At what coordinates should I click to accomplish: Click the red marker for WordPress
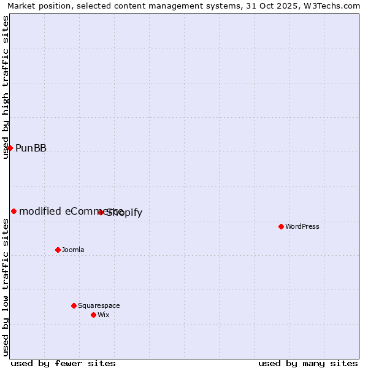click(281, 226)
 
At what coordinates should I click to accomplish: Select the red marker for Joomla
click(58, 250)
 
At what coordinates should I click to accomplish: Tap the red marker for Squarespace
click(74, 305)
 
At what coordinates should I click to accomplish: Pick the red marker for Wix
click(93, 315)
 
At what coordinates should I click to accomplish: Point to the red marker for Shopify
click(101, 212)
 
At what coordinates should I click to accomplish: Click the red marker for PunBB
click(10, 148)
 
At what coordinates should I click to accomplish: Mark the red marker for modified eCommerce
click(13, 211)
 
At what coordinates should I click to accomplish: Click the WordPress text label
click(302, 226)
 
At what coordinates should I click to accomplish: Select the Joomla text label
click(73, 250)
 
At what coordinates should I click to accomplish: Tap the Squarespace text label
click(99, 305)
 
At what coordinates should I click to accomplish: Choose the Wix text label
click(104, 315)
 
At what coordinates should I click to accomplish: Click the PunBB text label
click(31, 148)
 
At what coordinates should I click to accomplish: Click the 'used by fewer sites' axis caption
click(63, 363)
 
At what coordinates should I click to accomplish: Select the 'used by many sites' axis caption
click(308, 363)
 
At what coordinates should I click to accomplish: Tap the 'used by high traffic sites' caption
click(6, 87)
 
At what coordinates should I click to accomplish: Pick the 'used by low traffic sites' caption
click(6, 287)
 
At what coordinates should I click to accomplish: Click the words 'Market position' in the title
click(36, 6)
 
